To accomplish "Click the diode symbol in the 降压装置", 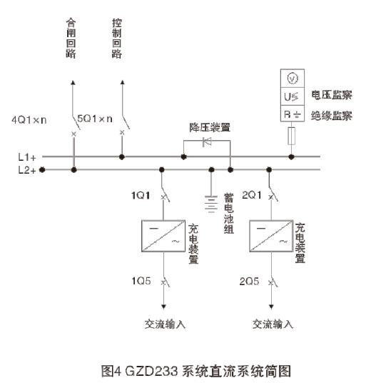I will tap(206, 142).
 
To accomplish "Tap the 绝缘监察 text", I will tap(332, 115).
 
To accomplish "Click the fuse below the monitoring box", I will tap(291, 136).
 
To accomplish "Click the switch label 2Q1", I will tap(250, 194).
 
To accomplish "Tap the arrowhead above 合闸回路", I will tap(73, 84).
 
